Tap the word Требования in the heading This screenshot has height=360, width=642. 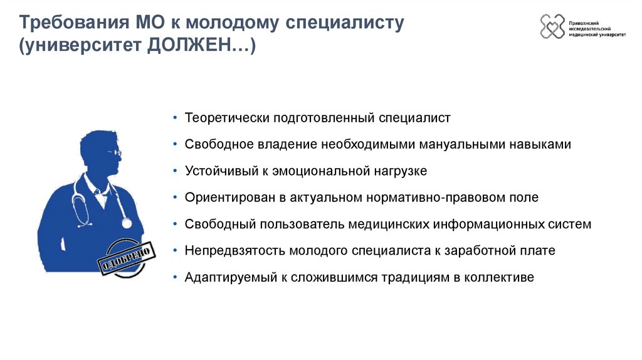[70, 24]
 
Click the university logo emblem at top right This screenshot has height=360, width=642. [552, 26]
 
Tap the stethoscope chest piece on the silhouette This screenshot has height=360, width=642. [127, 223]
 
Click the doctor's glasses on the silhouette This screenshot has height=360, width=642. [115, 152]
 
